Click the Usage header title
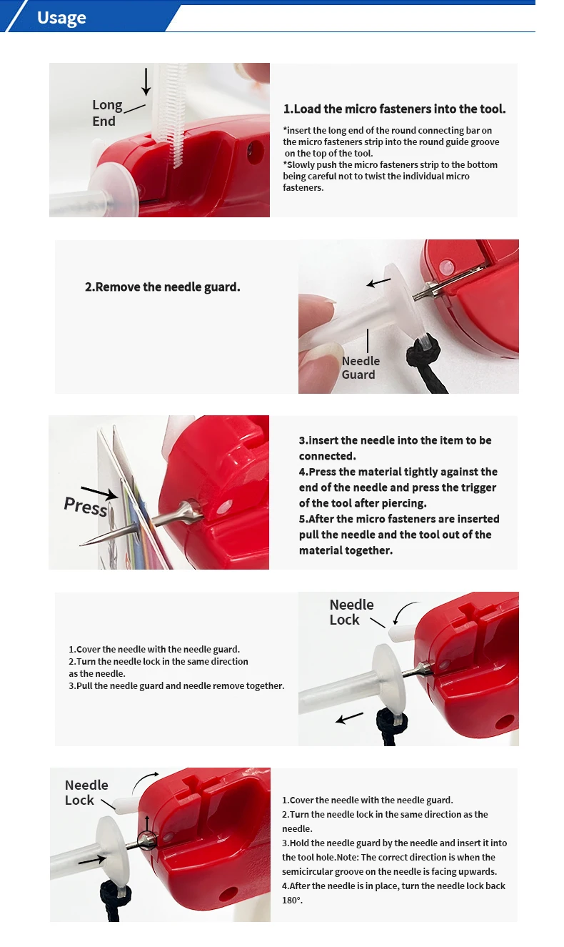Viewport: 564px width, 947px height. [x=61, y=18]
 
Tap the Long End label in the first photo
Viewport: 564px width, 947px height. [x=107, y=113]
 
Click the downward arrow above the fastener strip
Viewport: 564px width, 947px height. [x=146, y=81]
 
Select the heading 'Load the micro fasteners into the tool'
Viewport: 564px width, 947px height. [x=394, y=109]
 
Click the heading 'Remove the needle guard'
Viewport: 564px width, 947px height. [x=163, y=287]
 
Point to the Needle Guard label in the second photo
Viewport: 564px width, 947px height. [x=361, y=367]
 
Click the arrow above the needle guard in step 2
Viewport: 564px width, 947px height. [x=379, y=282]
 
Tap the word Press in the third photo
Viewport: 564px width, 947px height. [x=85, y=506]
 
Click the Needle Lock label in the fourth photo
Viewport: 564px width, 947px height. [x=351, y=613]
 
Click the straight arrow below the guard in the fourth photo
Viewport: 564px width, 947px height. [x=350, y=717]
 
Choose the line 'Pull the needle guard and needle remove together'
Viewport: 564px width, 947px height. [x=176, y=686]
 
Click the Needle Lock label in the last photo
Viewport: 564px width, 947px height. [x=86, y=793]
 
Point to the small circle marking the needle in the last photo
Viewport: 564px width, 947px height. [x=148, y=841]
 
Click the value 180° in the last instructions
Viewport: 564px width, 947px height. [x=292, y=901]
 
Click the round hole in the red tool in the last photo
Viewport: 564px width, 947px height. [x=229, y=893]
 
